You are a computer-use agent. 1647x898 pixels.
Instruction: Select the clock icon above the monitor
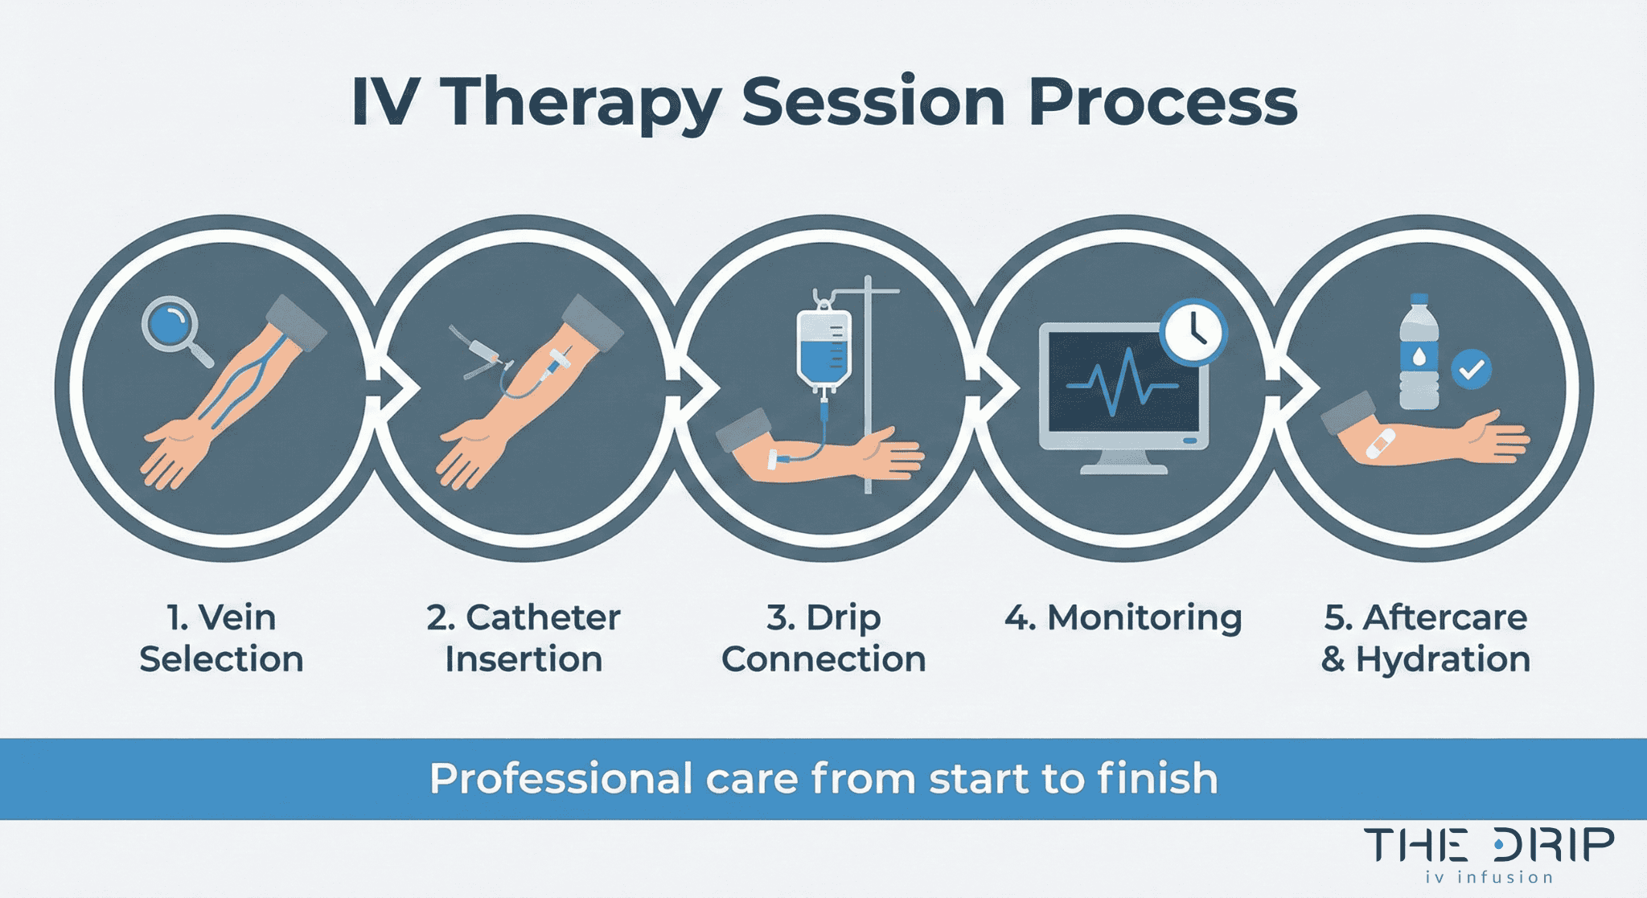[1193, 331]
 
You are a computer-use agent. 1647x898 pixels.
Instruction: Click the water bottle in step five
[1419, 354]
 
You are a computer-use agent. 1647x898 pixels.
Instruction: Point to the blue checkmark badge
[1471, 370]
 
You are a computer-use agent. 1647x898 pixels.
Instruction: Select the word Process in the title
[1162, 103]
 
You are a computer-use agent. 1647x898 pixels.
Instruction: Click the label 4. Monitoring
[1123, 617]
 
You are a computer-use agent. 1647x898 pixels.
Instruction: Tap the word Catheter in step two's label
[543, 617]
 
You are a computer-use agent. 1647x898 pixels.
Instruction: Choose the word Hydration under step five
[1443, 659]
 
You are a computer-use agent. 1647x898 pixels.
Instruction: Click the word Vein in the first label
[237, 617]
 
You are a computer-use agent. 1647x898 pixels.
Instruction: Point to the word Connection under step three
[823, 659]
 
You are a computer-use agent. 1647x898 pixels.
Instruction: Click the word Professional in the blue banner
[561, 779]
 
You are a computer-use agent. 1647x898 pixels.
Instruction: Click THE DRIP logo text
[1488, 846]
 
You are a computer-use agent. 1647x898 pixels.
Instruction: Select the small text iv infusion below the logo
[1489, 877]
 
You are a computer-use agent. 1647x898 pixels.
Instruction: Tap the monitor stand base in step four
[1123, 467]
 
